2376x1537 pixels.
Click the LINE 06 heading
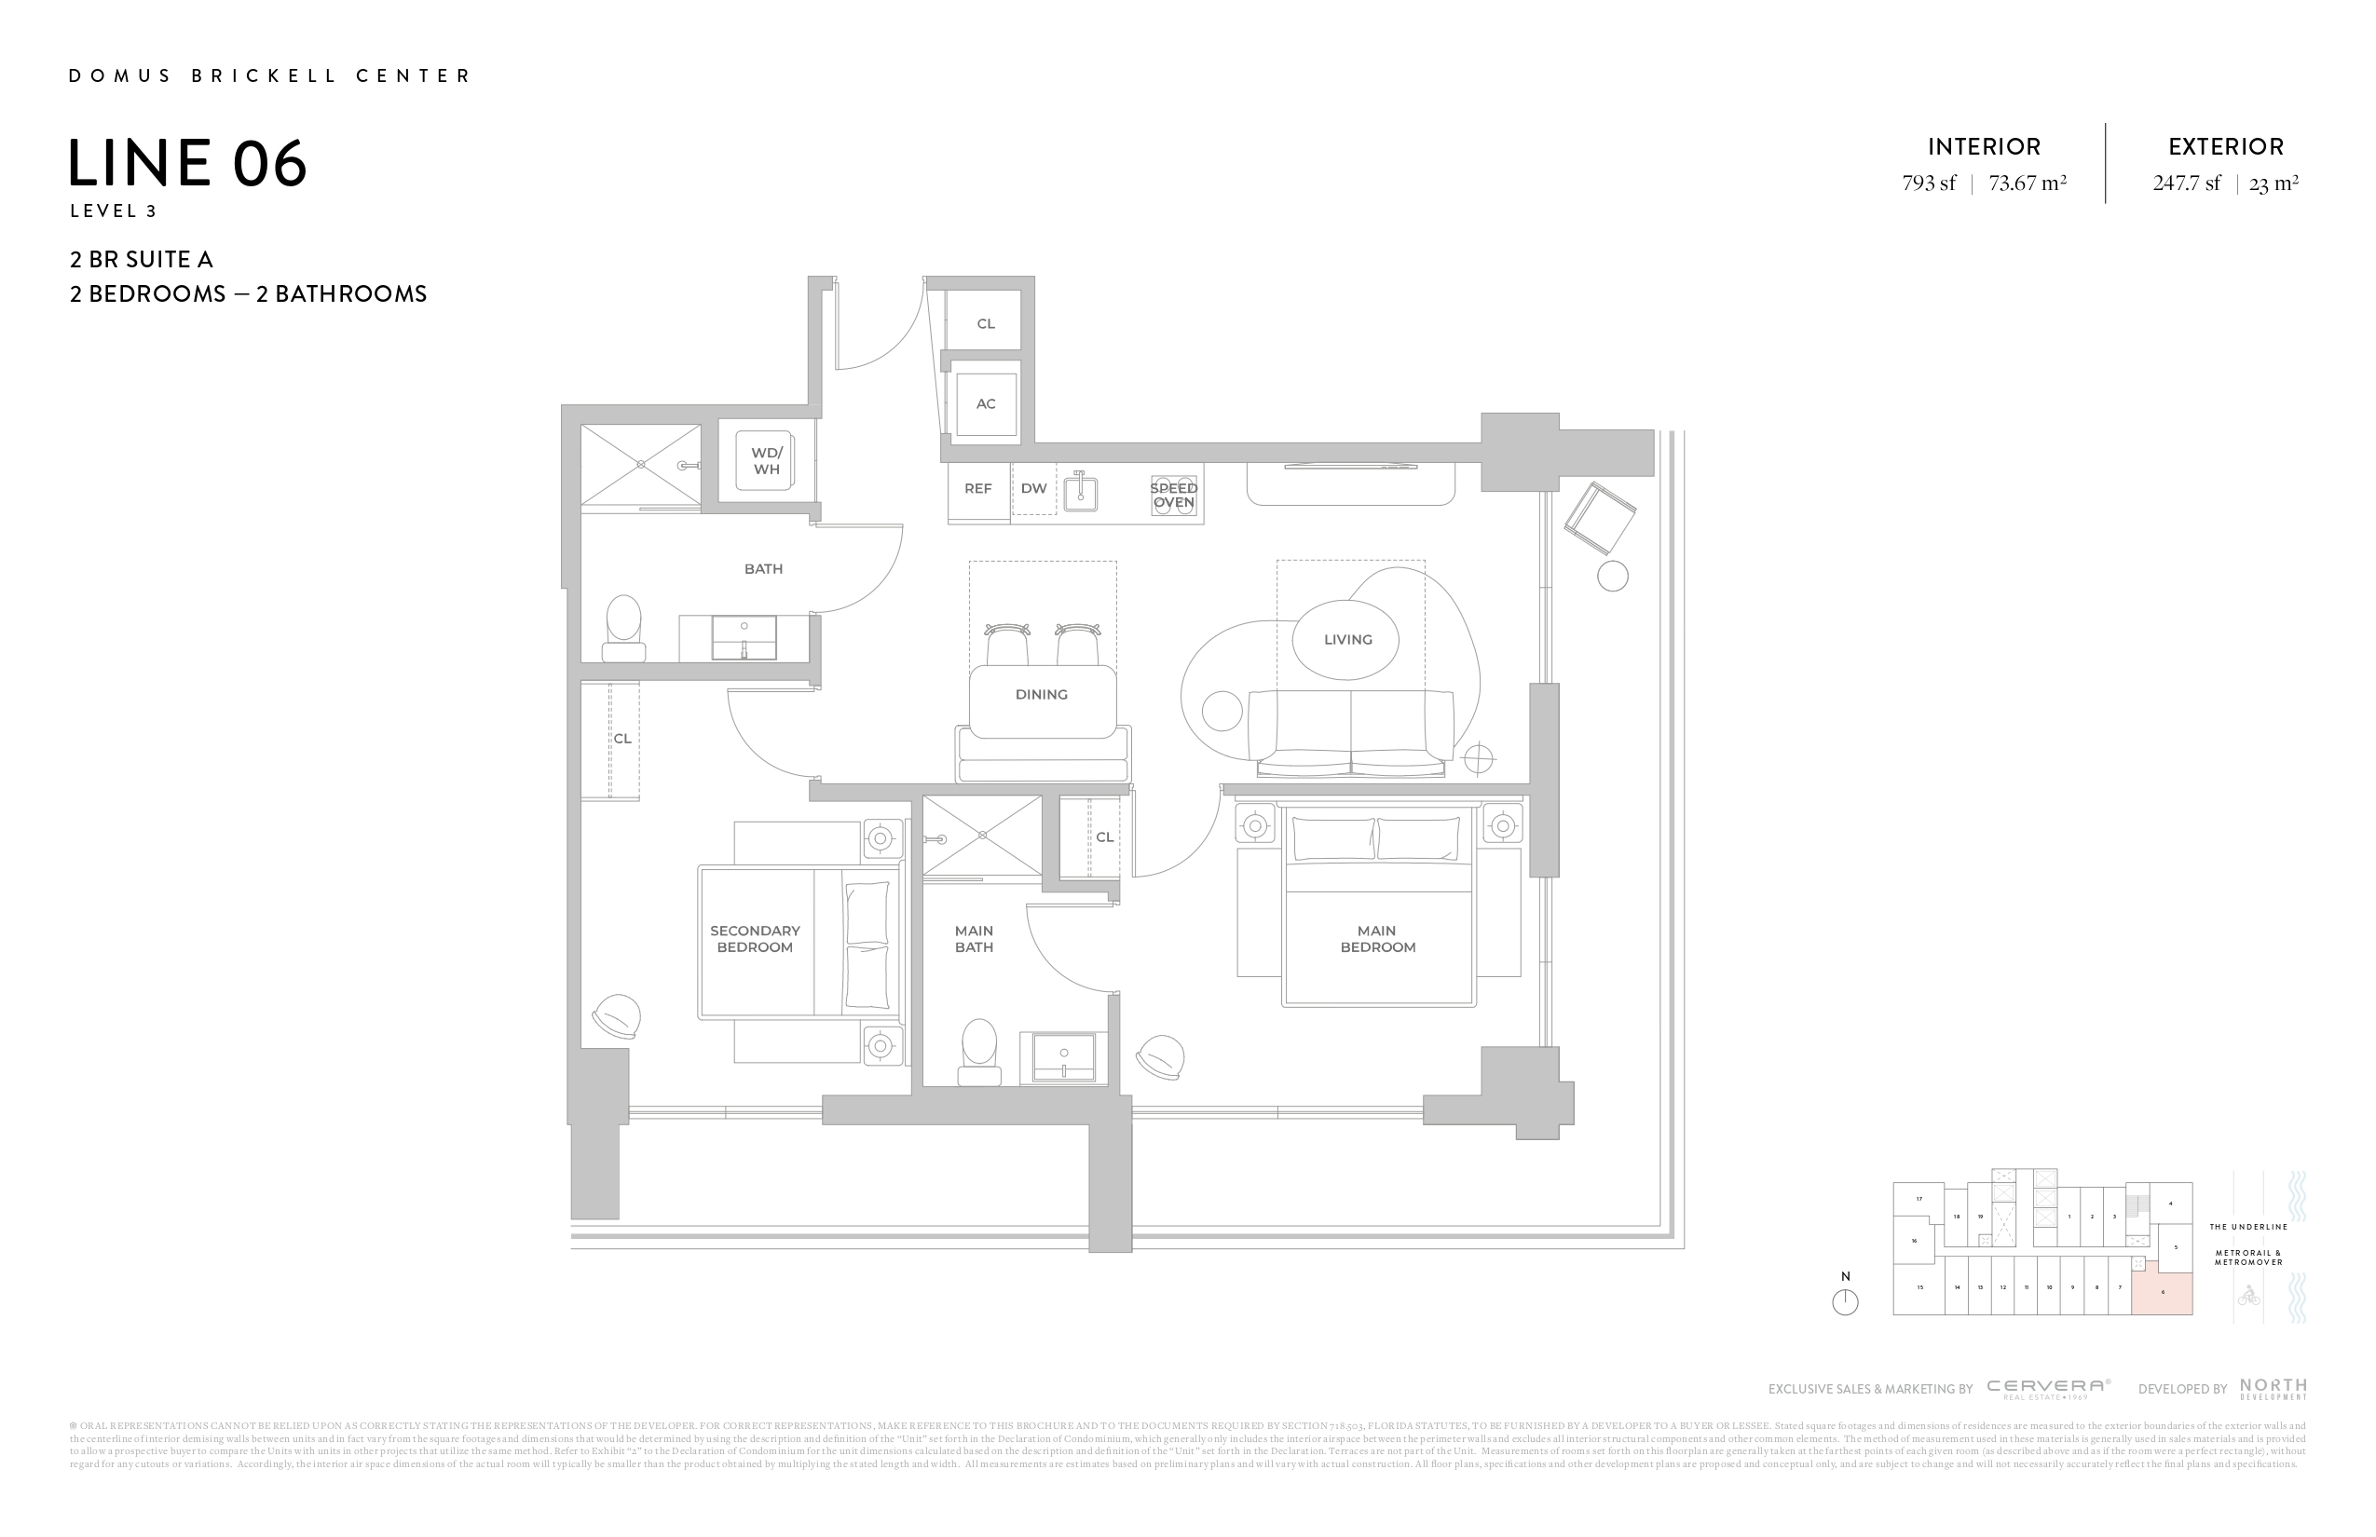pos(187,163)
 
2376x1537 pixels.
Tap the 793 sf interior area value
pos(1929,184)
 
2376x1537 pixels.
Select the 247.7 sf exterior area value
pos(2186,184)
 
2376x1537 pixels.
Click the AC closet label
pos(986,404)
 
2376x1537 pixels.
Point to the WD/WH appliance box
pos(765,460)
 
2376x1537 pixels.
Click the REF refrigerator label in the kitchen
pos(977,489)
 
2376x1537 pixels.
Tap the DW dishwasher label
pos(1033,489)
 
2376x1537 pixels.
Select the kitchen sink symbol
pos(1080,492)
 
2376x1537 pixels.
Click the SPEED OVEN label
pos(1173,495)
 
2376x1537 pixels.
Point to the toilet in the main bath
pos(979,1052)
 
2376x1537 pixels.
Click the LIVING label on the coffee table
pos(1346,640)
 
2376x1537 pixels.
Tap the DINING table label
pos(1042,695)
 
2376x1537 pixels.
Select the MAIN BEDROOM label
pos(1378,939)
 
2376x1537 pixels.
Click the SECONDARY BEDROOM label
pos(755,939)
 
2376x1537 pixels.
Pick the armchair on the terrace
pos(1599,518)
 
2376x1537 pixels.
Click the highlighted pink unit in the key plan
pos(2163,1294)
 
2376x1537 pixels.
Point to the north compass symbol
pos(1845,1301)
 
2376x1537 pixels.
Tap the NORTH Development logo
pos(2274,1388)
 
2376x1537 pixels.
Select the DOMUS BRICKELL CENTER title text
pos(269,75)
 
